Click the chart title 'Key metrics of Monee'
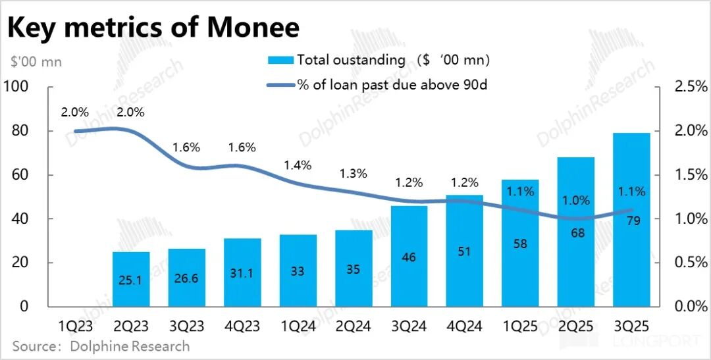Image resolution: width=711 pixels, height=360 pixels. (x=153, y=27)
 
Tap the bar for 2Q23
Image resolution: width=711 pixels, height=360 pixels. (x=131, y=279)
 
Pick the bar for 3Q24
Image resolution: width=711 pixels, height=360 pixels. (x=409, y=256)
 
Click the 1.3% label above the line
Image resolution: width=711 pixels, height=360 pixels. (x=354, y=174)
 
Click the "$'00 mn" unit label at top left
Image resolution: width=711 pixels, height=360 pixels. (x=36, y=62)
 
